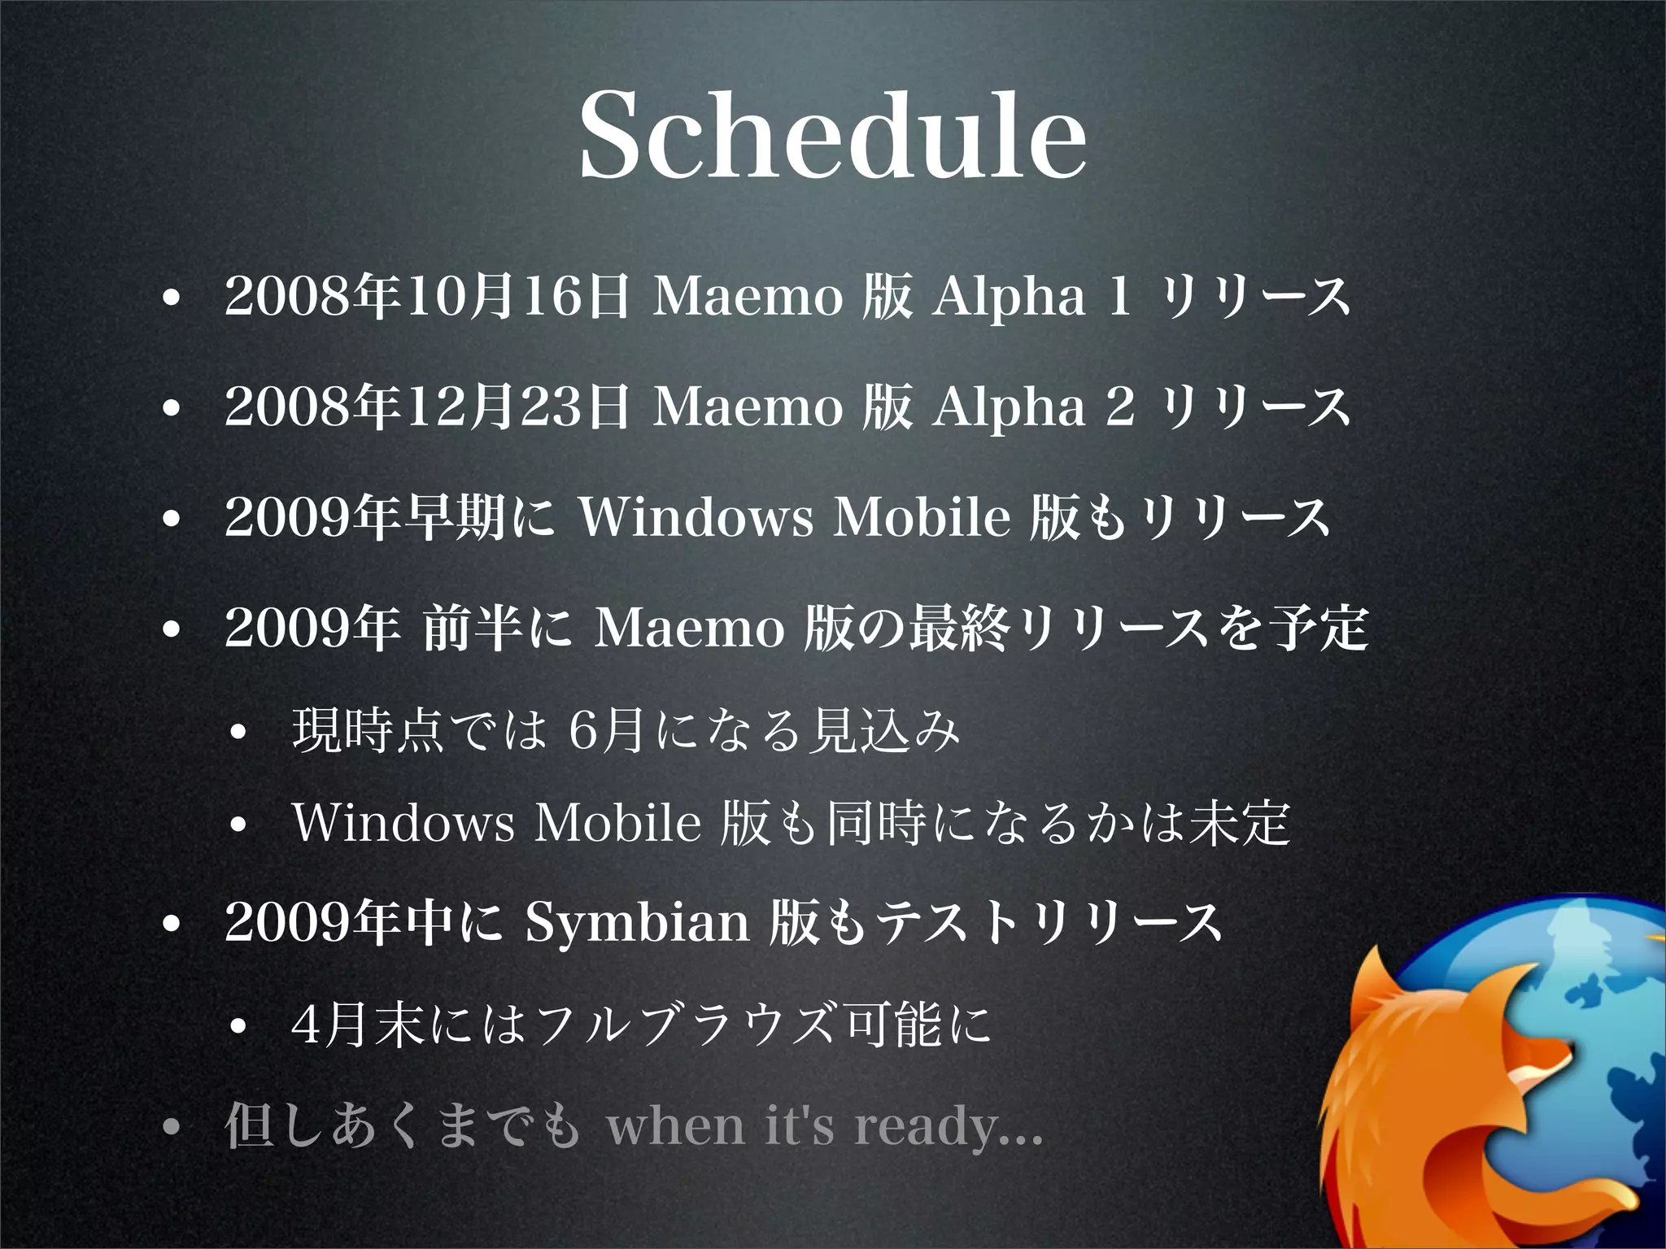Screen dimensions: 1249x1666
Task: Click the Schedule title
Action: click(832, 134)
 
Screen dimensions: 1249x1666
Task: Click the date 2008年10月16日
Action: click(426, 296)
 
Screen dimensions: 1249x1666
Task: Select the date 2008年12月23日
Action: click(426, 407)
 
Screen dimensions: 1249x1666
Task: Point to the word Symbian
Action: click(636, 923)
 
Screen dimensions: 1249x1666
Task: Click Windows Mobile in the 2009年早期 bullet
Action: click(794, 517)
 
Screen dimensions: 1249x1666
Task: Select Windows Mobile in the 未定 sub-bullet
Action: click(496, 822)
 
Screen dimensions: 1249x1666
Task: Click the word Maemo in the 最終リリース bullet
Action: click(689, 629)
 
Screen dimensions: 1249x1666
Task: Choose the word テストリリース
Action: click(1049, 923)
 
